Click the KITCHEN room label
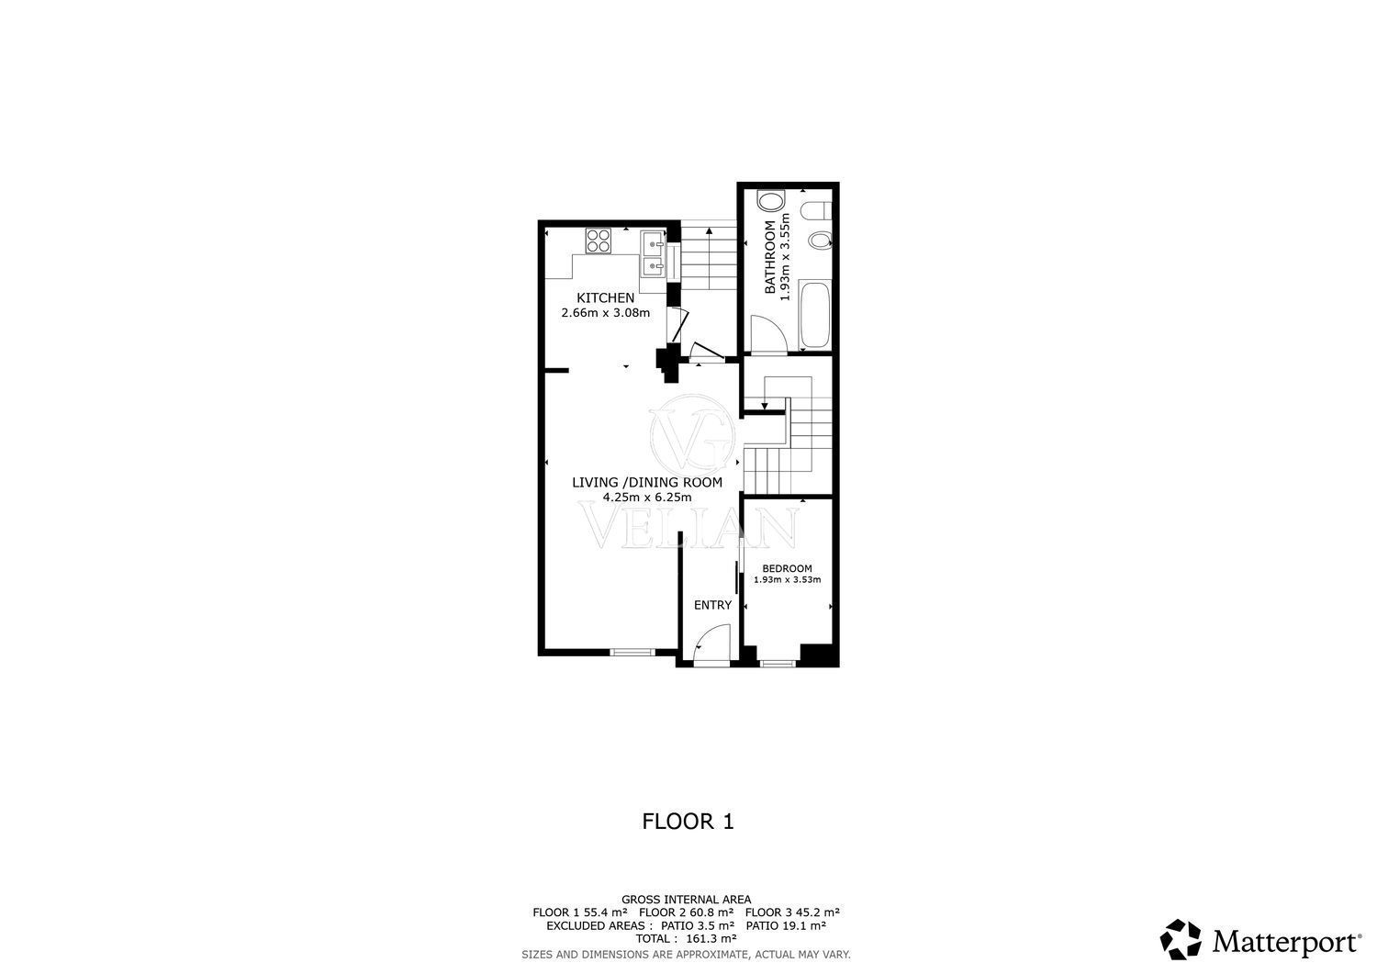605,298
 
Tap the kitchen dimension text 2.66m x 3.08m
605,313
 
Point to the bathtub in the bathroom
816,316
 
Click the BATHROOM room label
769,257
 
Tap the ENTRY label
712,605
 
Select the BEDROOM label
787,569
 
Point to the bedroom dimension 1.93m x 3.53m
787,580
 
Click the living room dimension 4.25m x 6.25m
646,498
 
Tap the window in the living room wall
633,652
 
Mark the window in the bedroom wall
778,663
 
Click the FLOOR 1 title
688,822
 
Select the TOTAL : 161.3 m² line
686,939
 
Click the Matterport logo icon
1181,939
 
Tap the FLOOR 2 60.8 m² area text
686,912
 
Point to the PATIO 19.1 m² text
786,925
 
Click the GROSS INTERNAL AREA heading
686,900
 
